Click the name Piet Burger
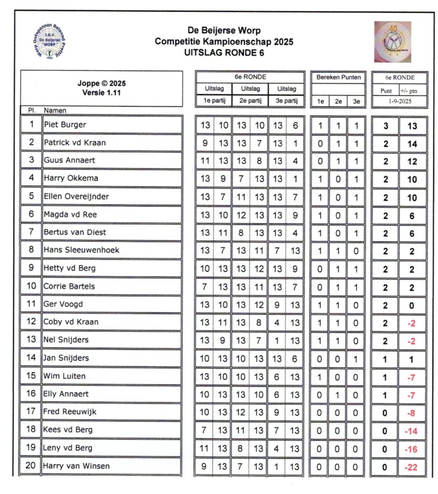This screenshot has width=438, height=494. (65, 124)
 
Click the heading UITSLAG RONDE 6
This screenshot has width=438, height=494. (224, 53)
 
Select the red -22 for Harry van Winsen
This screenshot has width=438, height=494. (411, 467)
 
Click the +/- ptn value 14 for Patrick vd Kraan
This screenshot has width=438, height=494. (411, 143)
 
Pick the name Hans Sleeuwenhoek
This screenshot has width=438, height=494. (82, 250)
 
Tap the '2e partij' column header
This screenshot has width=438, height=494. (250, 101)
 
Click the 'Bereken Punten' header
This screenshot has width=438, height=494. (339, 77)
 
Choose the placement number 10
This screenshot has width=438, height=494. (31, 286)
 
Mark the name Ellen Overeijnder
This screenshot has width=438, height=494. (76, 196)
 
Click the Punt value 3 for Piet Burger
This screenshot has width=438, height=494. (385, 125)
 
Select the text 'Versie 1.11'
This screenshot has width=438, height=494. (101, 93)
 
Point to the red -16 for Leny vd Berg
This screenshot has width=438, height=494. (411, 449)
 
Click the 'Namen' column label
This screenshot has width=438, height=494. (55, 110)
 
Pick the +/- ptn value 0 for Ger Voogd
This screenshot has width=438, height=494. (411, 305)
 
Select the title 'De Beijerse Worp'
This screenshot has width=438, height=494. (224, 31)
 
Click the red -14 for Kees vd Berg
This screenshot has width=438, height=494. (411, 431)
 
